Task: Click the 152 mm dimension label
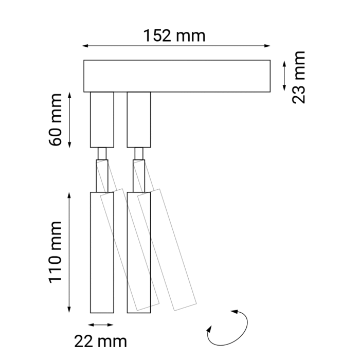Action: (175, 35)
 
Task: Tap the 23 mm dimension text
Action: (298, 77)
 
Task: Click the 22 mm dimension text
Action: (101, 340)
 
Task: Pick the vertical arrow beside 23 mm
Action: (284, 76)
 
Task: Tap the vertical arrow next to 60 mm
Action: (70, 119)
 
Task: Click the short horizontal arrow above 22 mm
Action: (101, 325)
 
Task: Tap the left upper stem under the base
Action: (101, 119)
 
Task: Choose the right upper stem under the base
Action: (138, 119)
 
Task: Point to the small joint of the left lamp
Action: (102, 153)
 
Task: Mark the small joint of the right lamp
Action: (139, 153)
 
